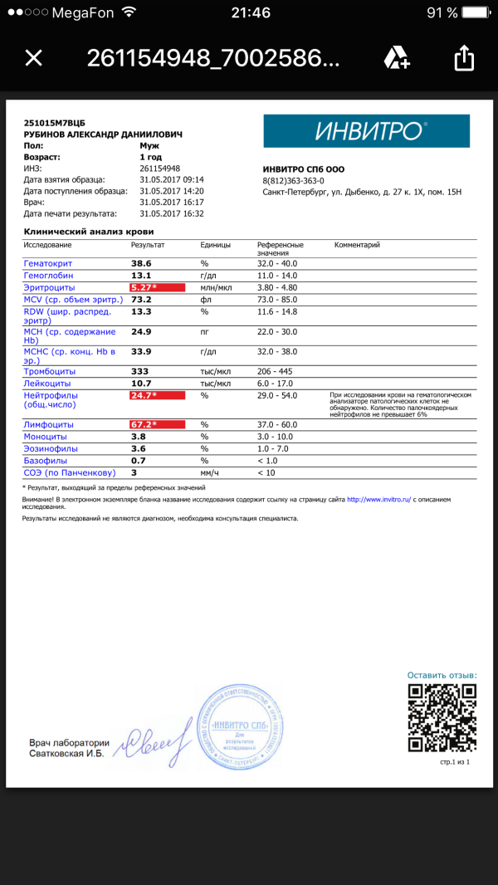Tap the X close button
[x=33, y=57]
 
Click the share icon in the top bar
[x=464, y=57]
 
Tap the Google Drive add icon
[x=396, y=57]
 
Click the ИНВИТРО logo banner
[x=366, y=131]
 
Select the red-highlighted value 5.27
[x=144, y=287]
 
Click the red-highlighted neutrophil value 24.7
[x=144, y=396]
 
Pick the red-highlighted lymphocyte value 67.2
[x=144, y=424]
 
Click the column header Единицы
[x=216, y=245]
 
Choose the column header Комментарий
[x=357, y=245]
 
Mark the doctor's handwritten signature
[x=158, y=741]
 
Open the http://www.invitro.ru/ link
[x=378, y=500]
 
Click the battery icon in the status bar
[x=478, y=12]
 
